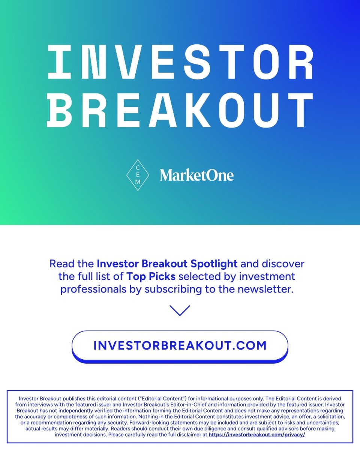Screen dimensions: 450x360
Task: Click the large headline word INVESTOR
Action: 180,63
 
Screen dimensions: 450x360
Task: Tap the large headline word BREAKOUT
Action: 180,109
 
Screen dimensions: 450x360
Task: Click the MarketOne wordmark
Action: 196,175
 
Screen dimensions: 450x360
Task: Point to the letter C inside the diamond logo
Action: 138,167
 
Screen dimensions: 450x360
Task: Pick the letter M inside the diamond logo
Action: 138,182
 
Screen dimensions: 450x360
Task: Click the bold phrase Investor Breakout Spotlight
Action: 167,264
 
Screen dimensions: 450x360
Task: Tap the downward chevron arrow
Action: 180,310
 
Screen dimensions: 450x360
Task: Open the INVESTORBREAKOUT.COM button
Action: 180,345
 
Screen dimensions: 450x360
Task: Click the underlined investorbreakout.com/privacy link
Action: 257,434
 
